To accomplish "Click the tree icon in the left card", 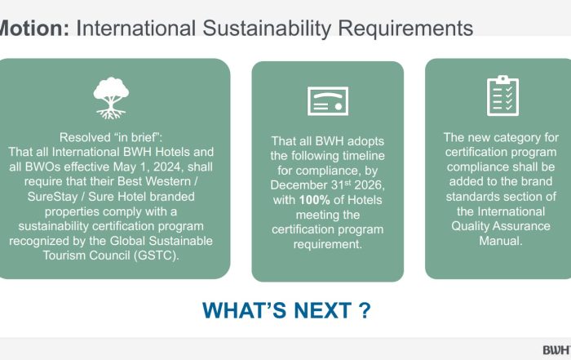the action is click(x=111, y=98).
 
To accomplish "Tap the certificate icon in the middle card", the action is click(x=328, y=101).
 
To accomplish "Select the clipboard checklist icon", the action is click(x=502, y=96).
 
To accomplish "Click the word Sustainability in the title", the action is click(x=267, y=28).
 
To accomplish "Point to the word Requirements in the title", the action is click(x=405, y=28).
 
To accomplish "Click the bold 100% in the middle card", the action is click(x=315, y=200).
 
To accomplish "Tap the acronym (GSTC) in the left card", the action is click(x=157, y=255).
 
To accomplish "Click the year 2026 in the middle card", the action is click(x=370, y=185).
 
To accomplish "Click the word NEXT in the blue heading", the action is click(x=322, y=310).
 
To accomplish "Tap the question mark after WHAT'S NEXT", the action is click(x=365, y=310).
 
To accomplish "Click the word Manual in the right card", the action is click(x=501, y=241).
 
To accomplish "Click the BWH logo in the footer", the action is click(x=557, y=350).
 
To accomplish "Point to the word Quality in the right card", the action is click(x=470, y=226).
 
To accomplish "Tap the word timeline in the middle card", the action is click(x=362, y=156).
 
